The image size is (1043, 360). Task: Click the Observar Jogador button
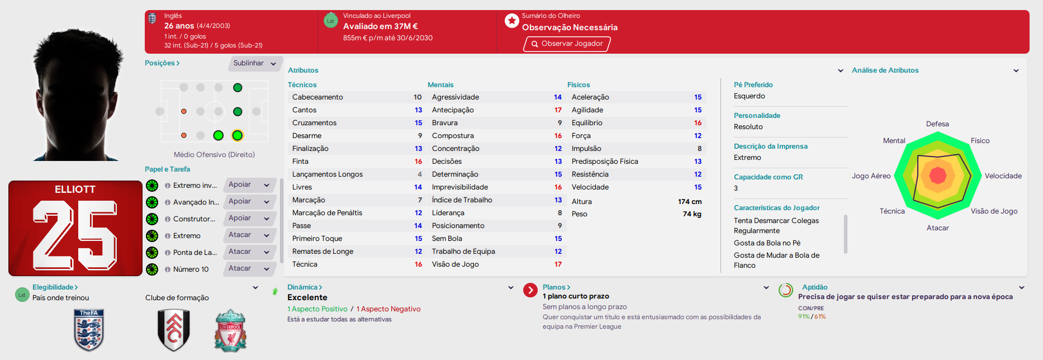pyautogui.click(x=567, y=44)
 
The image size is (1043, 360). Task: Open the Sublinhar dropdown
pyautogui.click(x=255, y=63)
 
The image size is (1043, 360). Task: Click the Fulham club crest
pyautogui.click(x=174, y=330)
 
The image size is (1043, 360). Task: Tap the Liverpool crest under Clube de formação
pyautogui.click(x=230, y=330)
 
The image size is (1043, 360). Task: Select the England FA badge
pyautogui.click(x=89, y=330)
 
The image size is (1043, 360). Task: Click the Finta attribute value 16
pyautogui.click(x=418, y=162)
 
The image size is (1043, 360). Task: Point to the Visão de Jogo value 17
pyautogui.click(x=558, y=264)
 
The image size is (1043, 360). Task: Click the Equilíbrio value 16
pyautogui.click(x=698, y=123)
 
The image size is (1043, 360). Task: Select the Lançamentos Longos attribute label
pyautogui.click(x=328, y=174)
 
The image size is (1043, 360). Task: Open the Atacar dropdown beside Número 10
pyautogui.click(x=250, y=269)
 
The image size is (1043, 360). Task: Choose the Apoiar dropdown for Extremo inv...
pyautogui.click(x=250, y=185)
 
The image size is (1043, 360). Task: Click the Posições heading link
pyautogui.click(x=162, y=63)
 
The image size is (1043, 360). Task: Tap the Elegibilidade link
pyautogui.click(x=55, y=287)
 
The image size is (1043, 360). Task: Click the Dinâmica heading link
pyautogui.click(x=305, y=287)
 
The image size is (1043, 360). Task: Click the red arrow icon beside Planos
pyautogui.click(x=530, y=291)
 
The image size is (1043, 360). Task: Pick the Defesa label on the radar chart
pyautogui.click(x=937, y=124)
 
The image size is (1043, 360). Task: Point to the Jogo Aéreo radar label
pyautogui.click(x=871, y=176)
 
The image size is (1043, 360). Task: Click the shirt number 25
pyautogui.click(x=75, y=236)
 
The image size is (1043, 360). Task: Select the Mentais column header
pyautogui.click(x=440, y=85)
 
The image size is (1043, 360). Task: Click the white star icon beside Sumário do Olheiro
pyautogui.click(x=512, y=21)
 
